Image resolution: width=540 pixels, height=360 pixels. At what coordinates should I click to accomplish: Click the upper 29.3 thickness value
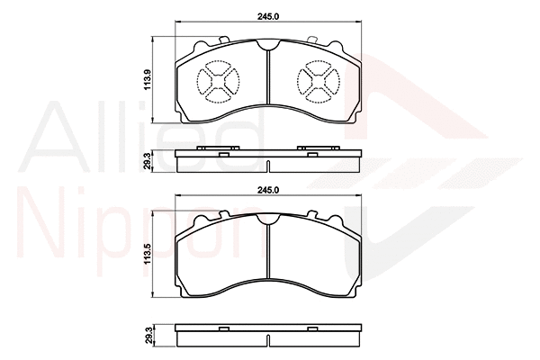pyautogui.click(x=148, y=160)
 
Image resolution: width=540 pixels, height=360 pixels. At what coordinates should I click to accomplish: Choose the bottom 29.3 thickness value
pyautogui.click(x=148, y=335)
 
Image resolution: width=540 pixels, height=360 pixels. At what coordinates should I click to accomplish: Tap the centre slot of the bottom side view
pyautogui.click(x=269, y=339)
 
